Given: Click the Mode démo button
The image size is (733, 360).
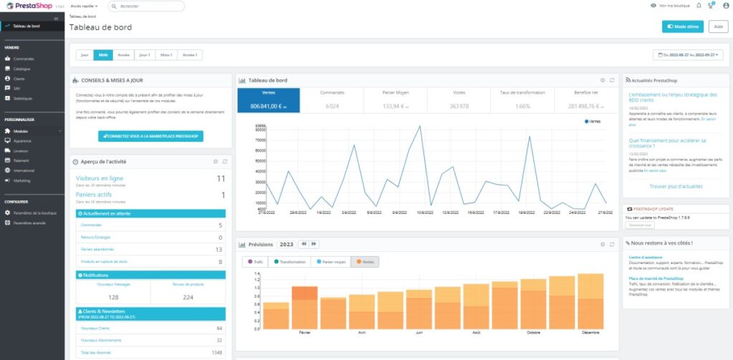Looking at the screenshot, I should point(683,26).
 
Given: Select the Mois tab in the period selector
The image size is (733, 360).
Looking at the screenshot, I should point(103,54).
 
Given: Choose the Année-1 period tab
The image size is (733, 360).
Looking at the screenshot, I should point(190,54).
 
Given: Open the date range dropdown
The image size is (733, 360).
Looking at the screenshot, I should point(688,54).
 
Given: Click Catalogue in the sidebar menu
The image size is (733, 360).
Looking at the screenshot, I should point(21,69).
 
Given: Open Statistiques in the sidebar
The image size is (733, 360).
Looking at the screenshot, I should point(23,98).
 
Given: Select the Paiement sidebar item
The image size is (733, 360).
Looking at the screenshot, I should point(21,161).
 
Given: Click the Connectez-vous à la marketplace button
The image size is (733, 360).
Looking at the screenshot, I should point(151,136).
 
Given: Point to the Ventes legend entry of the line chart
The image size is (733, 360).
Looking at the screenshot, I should point(592,122).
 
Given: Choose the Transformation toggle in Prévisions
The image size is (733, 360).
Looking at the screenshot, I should point(290,262).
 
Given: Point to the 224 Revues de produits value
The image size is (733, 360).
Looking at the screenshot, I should point(188,297).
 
